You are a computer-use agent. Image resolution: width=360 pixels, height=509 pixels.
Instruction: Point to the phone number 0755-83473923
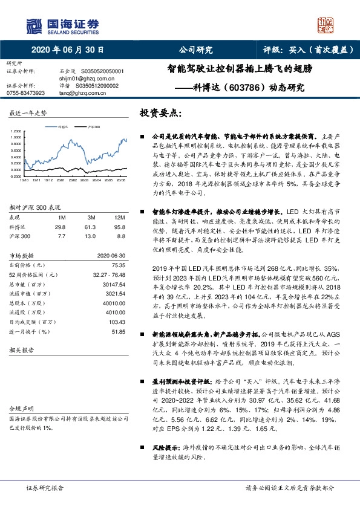(25, 93)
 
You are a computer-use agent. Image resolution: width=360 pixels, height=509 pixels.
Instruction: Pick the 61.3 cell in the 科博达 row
(91, 226)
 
